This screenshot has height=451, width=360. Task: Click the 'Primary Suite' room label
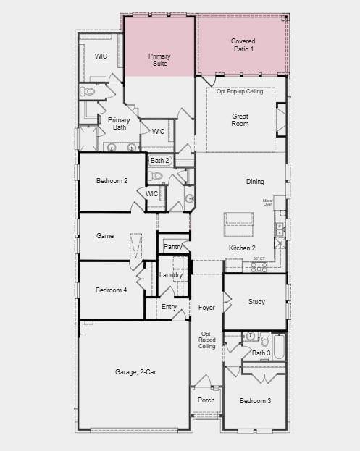[x=159, y=59]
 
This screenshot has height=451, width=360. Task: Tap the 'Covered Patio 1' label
[x=243, y=45]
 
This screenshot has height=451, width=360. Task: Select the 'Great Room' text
[x=240, y=119]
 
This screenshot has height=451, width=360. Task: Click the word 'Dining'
[x=255, y=182]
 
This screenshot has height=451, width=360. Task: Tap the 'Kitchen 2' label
[x=242, y=248]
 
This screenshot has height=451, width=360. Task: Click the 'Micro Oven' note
[x=267, y=202]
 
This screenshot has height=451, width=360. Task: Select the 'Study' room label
[x=256, y=302]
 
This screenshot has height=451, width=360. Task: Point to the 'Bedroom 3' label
[x=256, y=401]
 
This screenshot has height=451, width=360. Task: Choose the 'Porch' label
[x=206, y=400]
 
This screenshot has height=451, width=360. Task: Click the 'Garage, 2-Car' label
[x=135, y=372]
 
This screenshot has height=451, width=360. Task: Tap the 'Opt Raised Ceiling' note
[x=207, y=340]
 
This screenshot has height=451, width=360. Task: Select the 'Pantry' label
[x=173, y=247]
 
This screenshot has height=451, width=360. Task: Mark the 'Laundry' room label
[x=171, y=275]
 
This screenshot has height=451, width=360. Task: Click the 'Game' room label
[x=105, y=236]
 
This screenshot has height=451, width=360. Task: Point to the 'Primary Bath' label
[x=118, y=125]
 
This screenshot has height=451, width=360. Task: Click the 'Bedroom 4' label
[x=112, y=290]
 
